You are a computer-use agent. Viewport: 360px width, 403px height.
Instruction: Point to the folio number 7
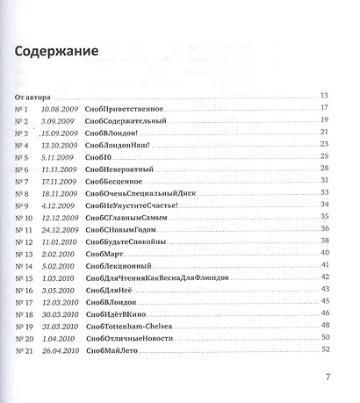(327, 379)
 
